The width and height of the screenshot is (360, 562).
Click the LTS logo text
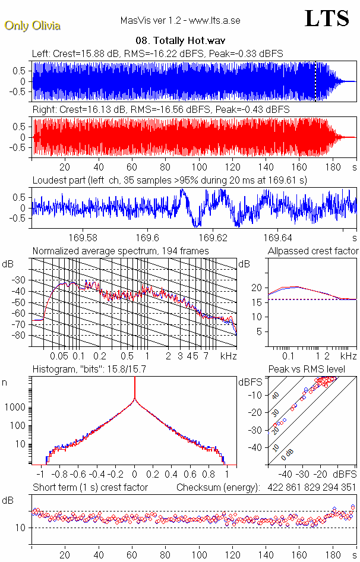click(327, 19)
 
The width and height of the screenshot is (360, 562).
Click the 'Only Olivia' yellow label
click(32, 26)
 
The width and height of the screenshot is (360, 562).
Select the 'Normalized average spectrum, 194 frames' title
click(121, 251)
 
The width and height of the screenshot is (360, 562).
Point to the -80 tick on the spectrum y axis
click(20, 336)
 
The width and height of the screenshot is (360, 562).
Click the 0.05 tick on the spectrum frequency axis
click(59, 356)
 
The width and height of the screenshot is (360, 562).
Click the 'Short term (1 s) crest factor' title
click(90, 488)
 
